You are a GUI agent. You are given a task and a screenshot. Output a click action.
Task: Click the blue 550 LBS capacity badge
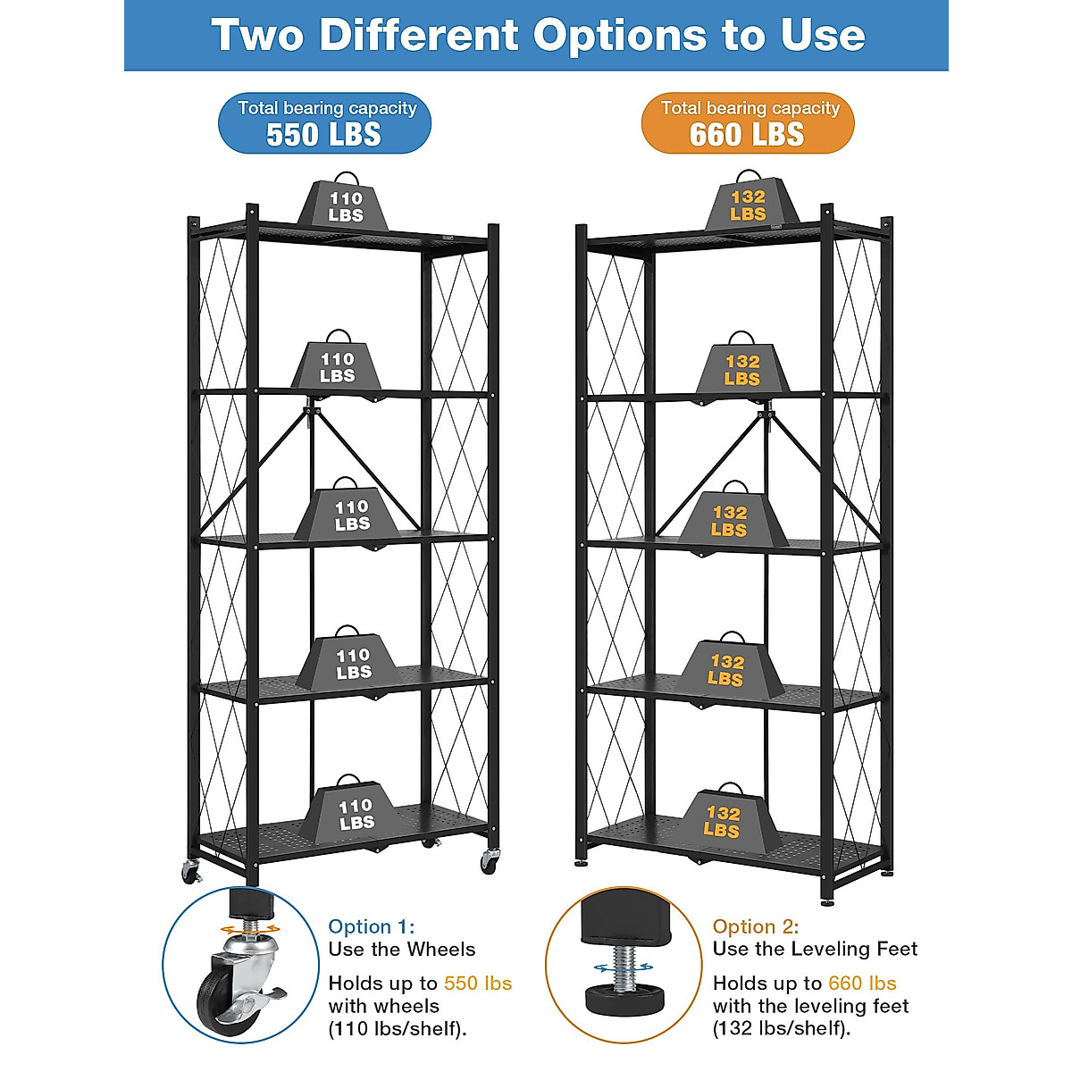[325, 123]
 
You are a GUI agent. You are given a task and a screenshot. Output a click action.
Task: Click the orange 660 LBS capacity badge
[748, 123]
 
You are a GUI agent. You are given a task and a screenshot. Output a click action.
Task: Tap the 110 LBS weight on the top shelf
[345, 205]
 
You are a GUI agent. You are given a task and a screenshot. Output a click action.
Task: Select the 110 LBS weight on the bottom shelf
[356, 813]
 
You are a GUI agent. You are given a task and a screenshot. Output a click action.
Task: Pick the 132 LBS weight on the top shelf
[748, 205]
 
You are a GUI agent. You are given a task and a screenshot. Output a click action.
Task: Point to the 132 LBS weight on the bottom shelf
[722, 820]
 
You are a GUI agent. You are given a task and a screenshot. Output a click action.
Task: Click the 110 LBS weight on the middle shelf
[352, 515]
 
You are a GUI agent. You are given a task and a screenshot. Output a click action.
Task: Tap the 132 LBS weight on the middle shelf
[729, 520]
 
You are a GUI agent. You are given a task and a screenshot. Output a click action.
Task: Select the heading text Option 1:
[372, 926]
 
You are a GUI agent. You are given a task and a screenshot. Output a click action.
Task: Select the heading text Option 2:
[756, 926]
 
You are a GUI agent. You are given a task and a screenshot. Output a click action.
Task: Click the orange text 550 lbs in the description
[478, 984]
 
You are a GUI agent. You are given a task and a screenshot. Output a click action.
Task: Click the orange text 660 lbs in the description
[862, 984]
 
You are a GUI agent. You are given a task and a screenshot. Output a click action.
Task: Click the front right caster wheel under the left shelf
[490, 861]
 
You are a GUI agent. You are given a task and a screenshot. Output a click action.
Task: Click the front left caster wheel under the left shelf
[191, 872]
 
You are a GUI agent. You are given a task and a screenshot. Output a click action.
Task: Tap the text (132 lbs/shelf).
[782, 1028]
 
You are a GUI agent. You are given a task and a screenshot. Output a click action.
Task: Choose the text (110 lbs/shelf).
[398, 1028]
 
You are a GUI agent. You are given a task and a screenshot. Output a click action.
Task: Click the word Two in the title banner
[260, 36]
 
